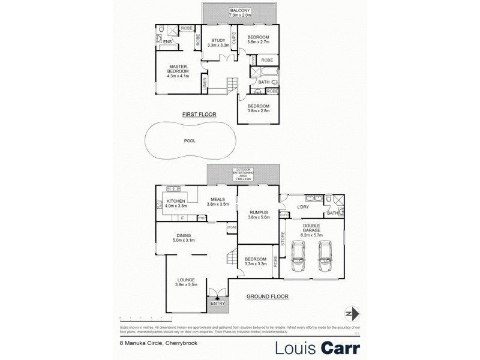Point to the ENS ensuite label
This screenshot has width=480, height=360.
coord(167,42)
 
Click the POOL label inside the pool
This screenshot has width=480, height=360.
coord(190,141)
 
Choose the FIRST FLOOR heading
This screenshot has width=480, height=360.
coord(199,114)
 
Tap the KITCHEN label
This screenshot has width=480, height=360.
coord(176,201)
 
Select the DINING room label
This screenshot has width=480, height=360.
coord(184,236)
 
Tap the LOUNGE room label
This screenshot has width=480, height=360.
coord(187,279)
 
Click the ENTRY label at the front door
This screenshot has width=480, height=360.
coord(217,303)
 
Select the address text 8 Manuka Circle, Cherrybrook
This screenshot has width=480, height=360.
coord(154,344)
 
